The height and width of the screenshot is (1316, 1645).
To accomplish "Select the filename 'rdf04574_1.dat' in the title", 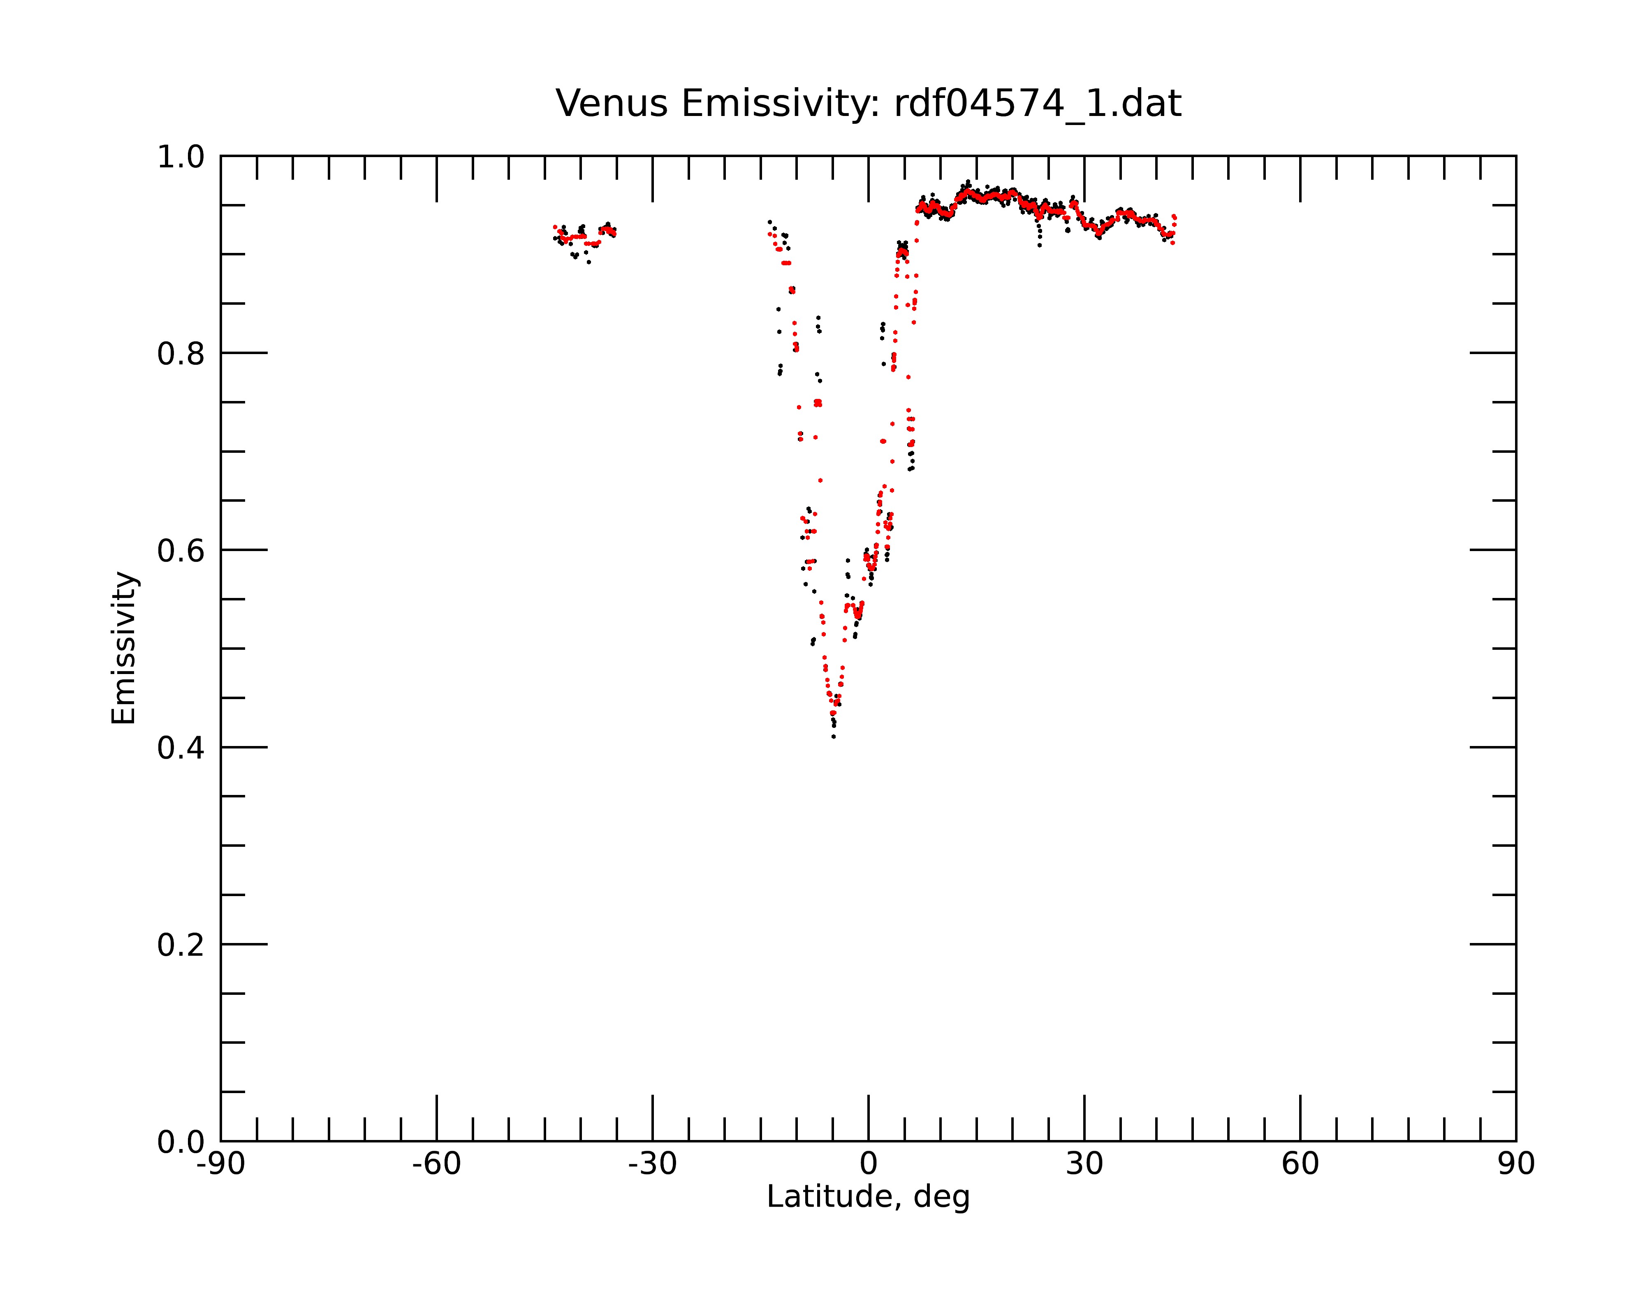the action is [x=1038, y=104].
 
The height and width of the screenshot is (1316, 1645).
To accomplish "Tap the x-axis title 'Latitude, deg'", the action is [x=868, y=1197].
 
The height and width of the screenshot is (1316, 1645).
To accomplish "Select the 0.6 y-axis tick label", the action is [x=181, y=551].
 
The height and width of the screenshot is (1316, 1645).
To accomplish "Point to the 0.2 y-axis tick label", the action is [x=181, y=945].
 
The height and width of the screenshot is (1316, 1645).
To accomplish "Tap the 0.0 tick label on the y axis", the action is [x=181, y=1142].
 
